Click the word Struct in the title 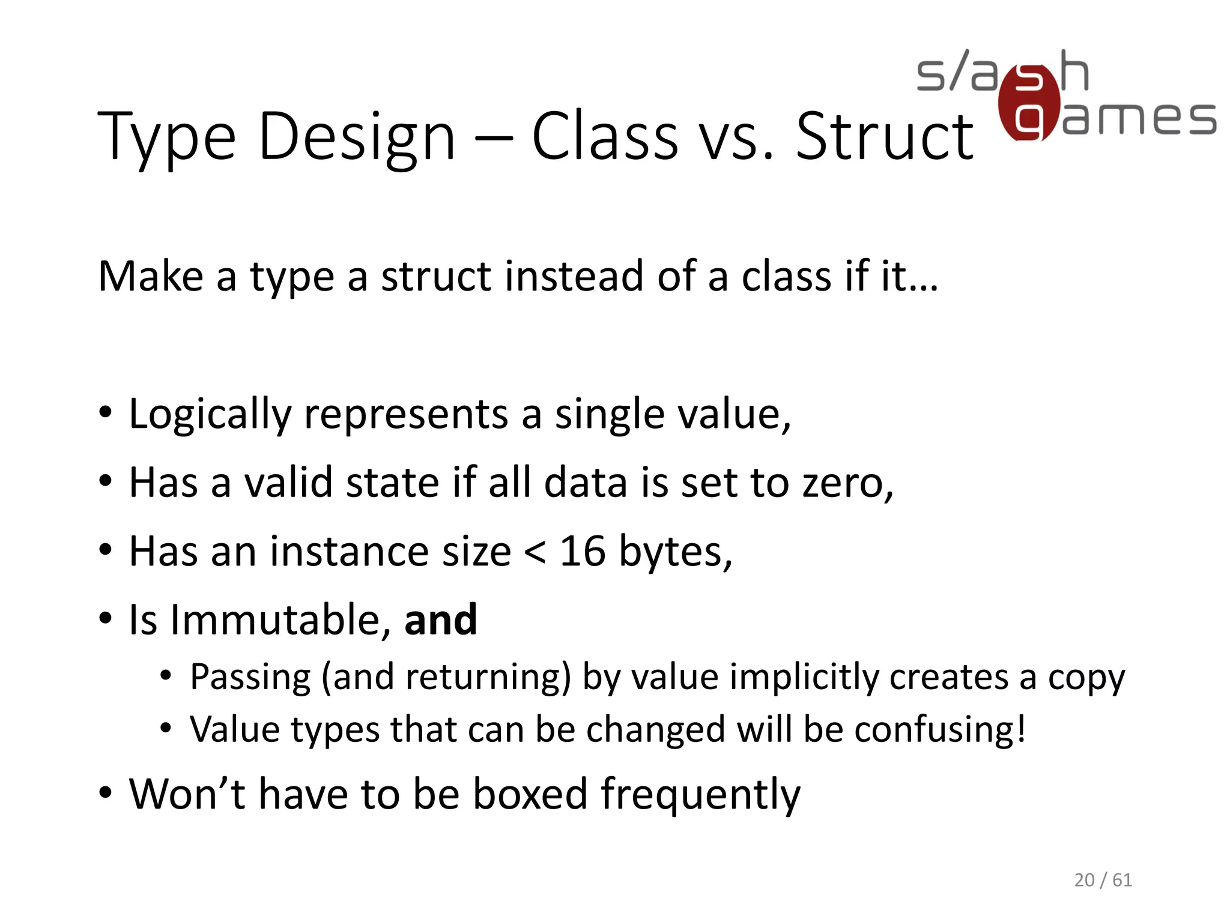click(884, 137)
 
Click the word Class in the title click(605, 137)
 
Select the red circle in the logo click(1029, 103)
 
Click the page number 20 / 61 click(1103, 880)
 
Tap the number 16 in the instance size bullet click(582, 551)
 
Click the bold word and click(441, 620)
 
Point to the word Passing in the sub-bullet click(250, 678)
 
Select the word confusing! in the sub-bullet click(940, 731)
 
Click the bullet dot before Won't click(105, 792)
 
